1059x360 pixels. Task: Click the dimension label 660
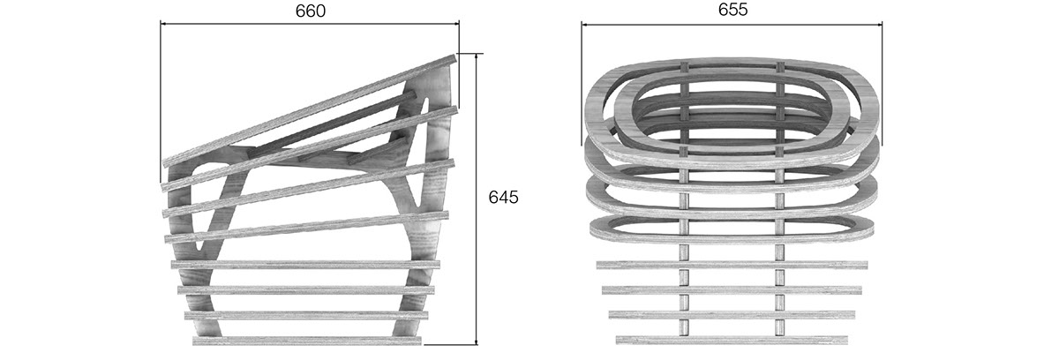309,11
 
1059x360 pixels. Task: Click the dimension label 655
732,10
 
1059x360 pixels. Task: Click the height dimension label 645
503,198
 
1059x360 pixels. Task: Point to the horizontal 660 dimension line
265,24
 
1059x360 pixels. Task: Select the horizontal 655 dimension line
671,24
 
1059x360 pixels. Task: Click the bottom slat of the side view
307,340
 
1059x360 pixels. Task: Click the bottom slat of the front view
732,340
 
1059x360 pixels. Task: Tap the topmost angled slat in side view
309,113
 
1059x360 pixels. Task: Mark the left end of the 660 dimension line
161,24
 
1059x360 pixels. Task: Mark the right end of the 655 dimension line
882,24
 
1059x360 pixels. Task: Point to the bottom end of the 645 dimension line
477,344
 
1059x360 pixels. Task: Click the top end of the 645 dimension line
477,55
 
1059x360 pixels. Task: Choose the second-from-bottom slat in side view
307,314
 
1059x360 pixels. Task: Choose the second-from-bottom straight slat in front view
732,314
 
